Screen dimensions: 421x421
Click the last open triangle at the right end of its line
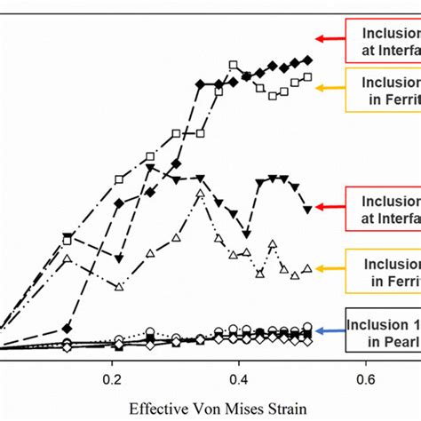pyautogui.click(x=307, y=268)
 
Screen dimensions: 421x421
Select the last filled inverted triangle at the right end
pyautogui.click(x=307, y=210)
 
